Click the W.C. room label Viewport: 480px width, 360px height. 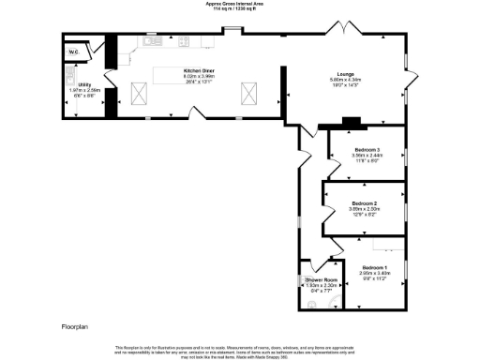tap(72, 51)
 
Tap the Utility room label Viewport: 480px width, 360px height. tap(84, 84)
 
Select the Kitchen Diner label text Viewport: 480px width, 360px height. tap(200, 71)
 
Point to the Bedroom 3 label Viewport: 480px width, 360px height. tap(366, 150)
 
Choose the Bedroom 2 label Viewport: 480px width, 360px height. tap(364, 203)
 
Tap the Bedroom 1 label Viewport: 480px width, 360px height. tap(376, 269)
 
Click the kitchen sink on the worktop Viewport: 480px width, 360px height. tap(151, 40)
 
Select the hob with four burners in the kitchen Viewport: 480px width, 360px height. tap(184, 40)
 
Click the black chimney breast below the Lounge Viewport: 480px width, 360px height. tap(351, 121)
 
